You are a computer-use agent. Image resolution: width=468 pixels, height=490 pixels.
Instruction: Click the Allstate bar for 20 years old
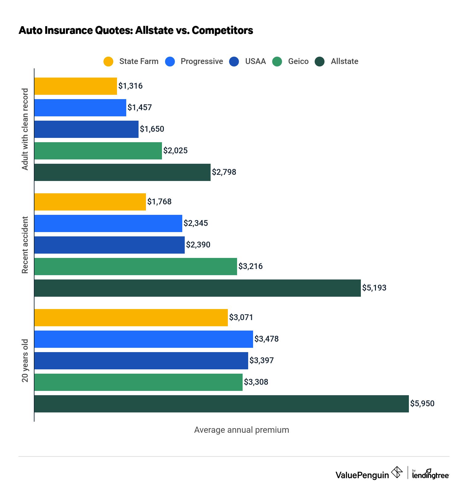pyautogui.click(x=221, y=404)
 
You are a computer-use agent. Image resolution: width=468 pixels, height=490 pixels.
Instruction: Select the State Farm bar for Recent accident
pyautogui.click(x=90, y=202)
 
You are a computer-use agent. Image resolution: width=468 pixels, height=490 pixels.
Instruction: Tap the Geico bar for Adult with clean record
pyautogui.click(x=98, y=151)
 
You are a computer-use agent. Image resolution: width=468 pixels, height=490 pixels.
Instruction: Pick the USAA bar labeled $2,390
pyautogui.click(x=109, y=245)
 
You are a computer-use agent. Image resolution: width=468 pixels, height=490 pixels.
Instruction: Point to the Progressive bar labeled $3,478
pyautogui.click(x=143, y=339)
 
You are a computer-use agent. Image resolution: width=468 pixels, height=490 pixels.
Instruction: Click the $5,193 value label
pyautogui.click(x=374, y=288)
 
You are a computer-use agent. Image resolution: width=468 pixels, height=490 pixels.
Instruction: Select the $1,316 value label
pyautogui.click(x=131, y=86)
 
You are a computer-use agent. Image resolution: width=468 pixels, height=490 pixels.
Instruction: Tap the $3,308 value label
pyautogui.click(x=256, y=382)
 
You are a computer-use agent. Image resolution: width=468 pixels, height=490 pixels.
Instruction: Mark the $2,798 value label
pyautogui.click(x=224, y=172)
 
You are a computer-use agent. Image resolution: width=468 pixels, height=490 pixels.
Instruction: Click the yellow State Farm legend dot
pyautogui.click(x=108, y=62)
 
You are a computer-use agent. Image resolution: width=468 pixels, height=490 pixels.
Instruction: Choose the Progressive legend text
pyautogui.click(x=202, y=62)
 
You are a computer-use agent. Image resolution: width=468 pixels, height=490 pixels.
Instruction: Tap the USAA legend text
pyautogui.click(x=255, y=62)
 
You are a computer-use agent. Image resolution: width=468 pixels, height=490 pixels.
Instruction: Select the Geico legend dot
pyautogui.click(x=277, y=62)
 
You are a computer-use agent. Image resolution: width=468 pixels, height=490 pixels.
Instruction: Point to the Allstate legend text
pyautogui.click(x=345, y=62)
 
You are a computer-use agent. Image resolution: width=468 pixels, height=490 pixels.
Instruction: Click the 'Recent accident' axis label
pyautogui.click(x=25, y=245)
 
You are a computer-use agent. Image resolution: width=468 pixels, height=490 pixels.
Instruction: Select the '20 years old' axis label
pyautogui.click(x=25, y=361)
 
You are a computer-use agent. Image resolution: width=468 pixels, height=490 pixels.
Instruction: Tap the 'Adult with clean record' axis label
pyautogui.click(x=25, y=129)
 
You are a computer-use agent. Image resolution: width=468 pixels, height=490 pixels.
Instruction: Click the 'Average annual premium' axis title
pyautogui.click(x=241, y=430)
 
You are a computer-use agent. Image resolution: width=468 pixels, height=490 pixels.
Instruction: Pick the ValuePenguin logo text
pyautogui.click(x=362, y=475)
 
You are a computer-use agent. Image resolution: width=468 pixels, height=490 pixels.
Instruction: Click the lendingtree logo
pyautogui.click(x=430, y=474)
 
